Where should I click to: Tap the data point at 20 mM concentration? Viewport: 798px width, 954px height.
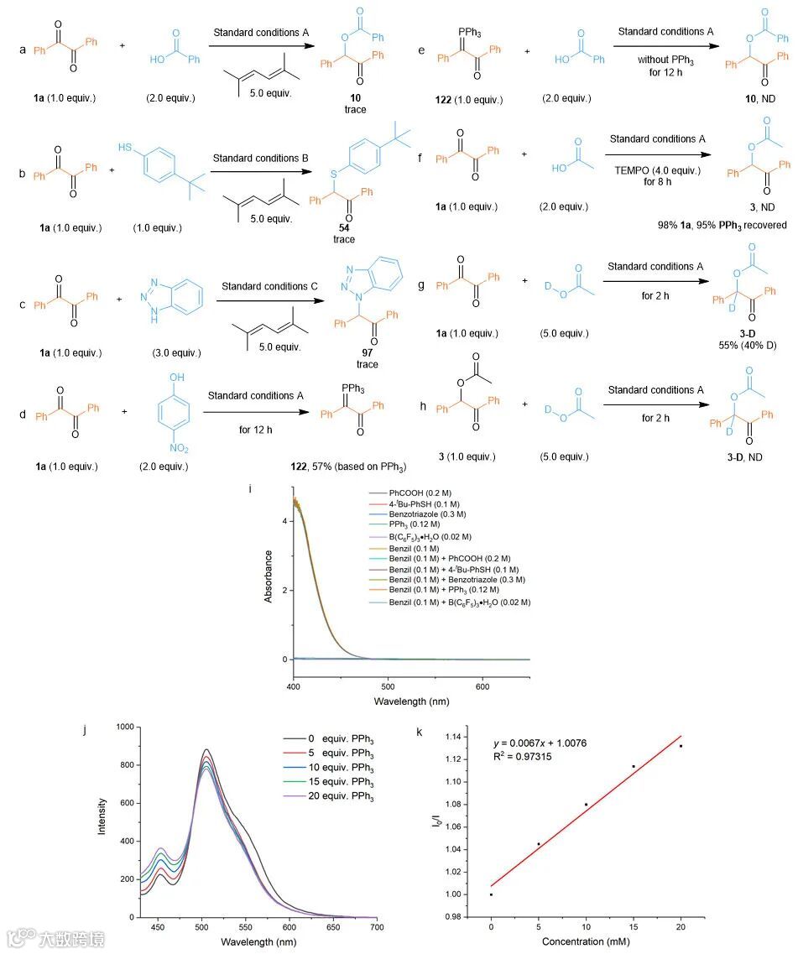point(681,746)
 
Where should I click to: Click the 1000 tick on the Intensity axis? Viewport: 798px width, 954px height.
point(123,728)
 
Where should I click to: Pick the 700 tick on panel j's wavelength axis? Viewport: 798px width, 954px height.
point(377,929)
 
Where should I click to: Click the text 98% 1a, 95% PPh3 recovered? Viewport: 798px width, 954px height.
point(722,225)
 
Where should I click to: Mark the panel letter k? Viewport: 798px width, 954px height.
point(420,732)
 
